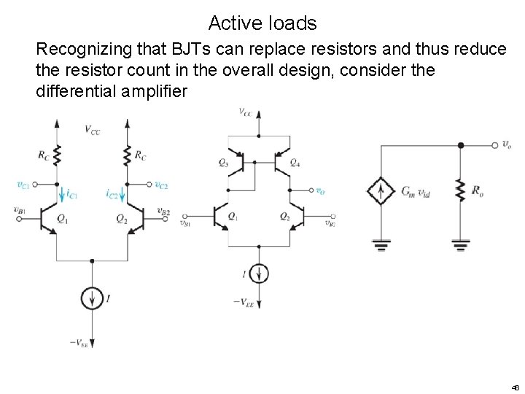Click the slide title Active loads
point(262,23)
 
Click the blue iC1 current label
point(71,194)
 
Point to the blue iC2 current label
point(112,194)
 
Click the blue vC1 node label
point(24,185)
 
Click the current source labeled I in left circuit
point(92,298)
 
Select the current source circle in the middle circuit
point(259,274)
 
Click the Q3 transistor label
point(222,163)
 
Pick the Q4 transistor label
point(295,163)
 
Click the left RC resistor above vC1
point(56,156)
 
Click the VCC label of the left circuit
point(93,130)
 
